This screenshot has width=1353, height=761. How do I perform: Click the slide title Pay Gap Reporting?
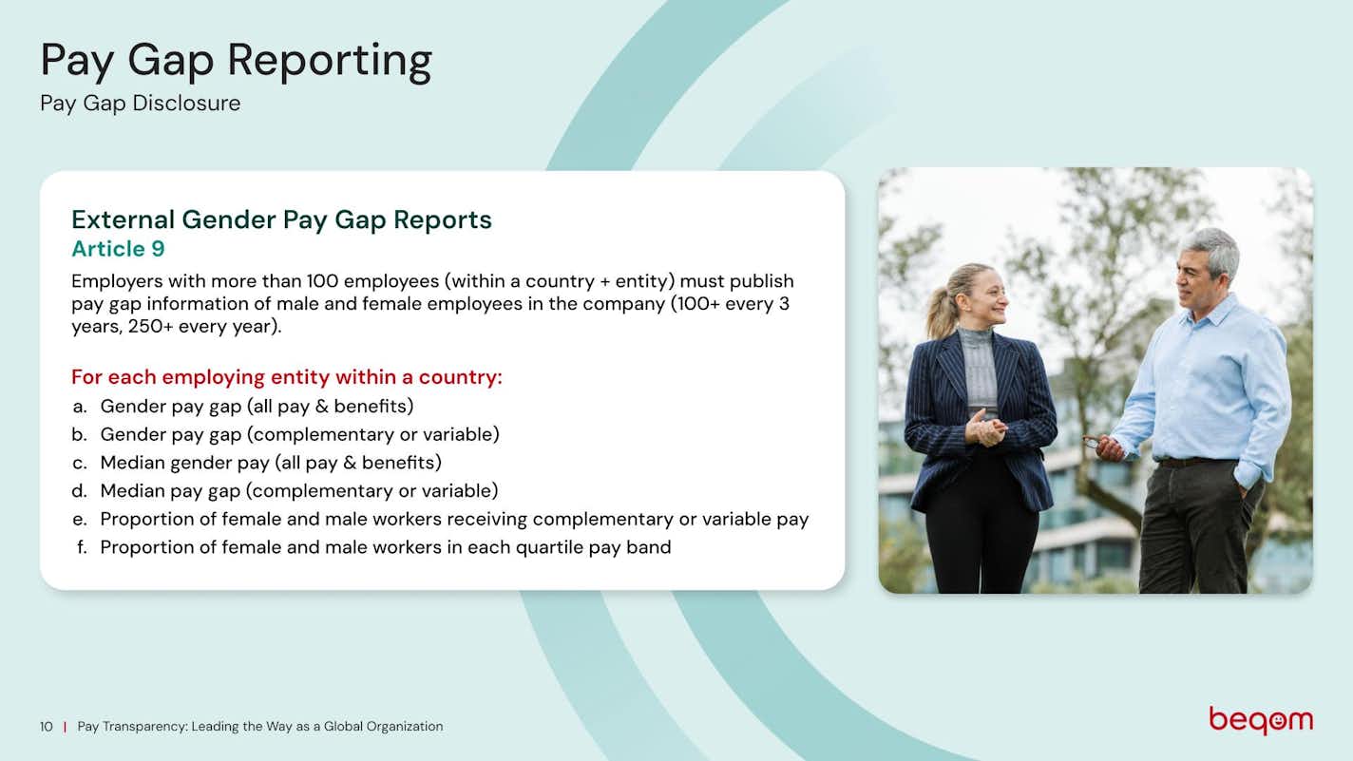click(x=237, y=61)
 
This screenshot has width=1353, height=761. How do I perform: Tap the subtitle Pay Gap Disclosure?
click(x=140, y=104)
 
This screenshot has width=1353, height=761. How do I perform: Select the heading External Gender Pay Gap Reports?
click(x=281, y=219)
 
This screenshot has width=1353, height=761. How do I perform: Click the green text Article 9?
click(x=118, y=249)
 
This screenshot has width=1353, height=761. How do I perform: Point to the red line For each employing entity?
click(x=287, y=377)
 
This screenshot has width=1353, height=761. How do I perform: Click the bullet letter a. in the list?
click(x=80, y=407)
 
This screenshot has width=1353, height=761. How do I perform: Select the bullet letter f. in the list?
click(x=82, y=547)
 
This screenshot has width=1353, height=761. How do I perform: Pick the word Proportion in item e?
click(x=150, y=520)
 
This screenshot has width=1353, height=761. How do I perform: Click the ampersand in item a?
click(x=321, y=407)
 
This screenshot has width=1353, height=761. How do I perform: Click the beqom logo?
click(x=1261, y=720)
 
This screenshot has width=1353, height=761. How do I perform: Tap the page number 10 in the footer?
click(x=47, y=727)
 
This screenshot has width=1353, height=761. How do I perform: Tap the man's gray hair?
click(x=1211, y=249)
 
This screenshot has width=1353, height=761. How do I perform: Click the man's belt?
click(x=1193, y=462)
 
